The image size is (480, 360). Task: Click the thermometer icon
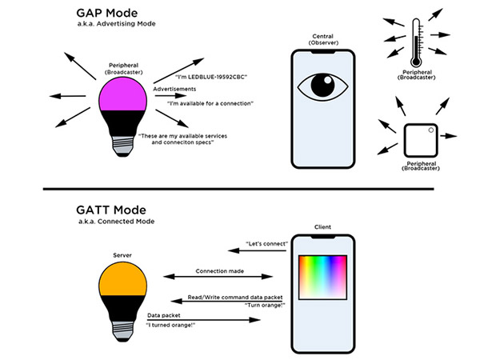tap(411, 40)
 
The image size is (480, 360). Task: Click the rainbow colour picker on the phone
tap(323, 284)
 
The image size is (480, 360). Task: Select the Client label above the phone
tap(323, 227)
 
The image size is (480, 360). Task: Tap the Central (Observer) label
tap(324, 40)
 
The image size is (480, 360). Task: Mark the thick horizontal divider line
tap(240, 190)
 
